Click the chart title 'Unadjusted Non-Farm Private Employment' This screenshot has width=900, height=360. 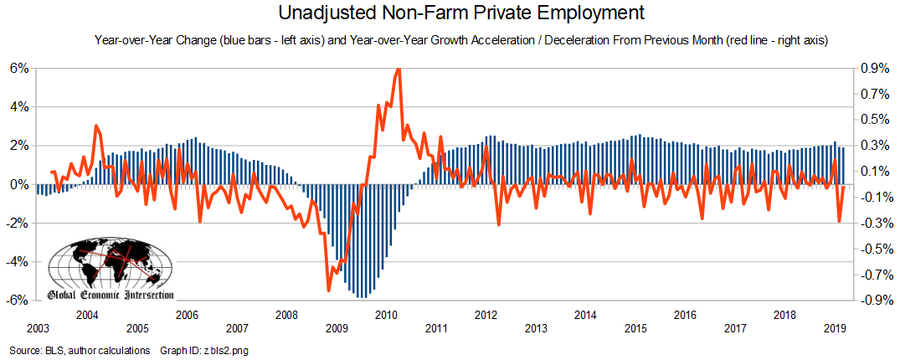pos(450,13)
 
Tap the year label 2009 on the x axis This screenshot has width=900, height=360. pos(337,328)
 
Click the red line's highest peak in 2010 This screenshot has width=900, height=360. pos(398,69)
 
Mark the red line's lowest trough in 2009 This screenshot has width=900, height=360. pos(329,291)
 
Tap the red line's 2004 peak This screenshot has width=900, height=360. pos(96,126)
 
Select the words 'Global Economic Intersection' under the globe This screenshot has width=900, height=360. pos(111,295)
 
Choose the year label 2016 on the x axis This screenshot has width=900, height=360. pos(686,315)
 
